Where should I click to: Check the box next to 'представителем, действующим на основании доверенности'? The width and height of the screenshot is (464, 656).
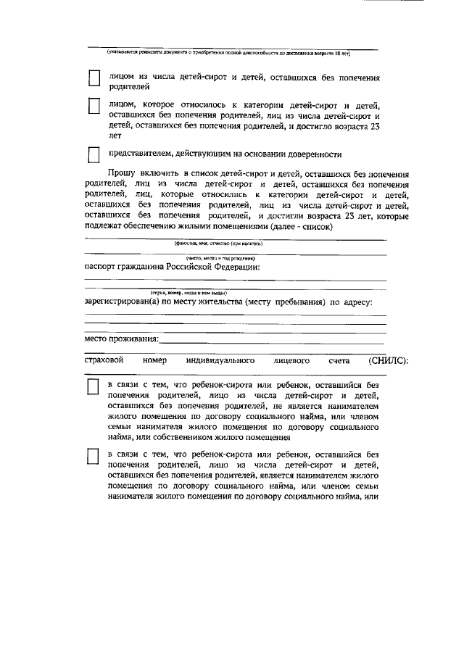pyautogui.click(x=94, y=155)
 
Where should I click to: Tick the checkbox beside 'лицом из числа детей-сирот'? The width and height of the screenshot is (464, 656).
pyautogui.click(x=94, y=79)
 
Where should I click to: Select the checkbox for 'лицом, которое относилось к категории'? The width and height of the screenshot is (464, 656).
pyautogui.click(x=94, y=107)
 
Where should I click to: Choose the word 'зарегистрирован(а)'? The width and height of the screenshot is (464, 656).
pyautogui.click(x=125, y=302)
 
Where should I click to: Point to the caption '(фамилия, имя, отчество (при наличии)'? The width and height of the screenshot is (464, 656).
pyautogui.click(x=217, y=244)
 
